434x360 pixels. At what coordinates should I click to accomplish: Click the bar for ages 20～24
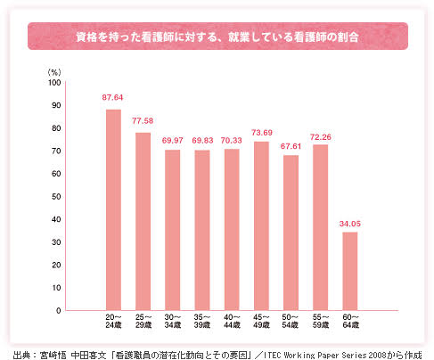(x=113, y=210)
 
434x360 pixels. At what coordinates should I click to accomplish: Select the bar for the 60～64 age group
(x=350, y=271)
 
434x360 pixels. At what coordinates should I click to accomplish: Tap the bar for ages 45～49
(x=261, y=226)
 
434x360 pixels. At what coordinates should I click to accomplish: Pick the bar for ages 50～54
(x=291, y=233)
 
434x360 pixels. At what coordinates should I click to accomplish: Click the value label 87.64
(x=112, y=97)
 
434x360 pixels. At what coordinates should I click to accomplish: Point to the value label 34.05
(x=350, y=224)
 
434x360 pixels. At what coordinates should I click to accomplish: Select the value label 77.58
(x=143, y=121)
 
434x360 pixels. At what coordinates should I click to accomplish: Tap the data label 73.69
(x=262, y=133)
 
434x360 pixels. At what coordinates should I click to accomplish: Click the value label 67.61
(x=291, y=146)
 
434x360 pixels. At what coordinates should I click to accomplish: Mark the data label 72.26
(x=321, y=137)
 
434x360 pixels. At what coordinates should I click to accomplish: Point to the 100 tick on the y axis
(x=54, y=83)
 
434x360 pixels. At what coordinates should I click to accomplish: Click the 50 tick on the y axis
(x=56, y=197)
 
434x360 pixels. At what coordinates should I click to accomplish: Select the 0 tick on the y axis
(x=59, y=311)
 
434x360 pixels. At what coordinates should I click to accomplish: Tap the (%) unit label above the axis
(x=54, y=72)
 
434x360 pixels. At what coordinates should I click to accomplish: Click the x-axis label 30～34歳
(x=173, y=321)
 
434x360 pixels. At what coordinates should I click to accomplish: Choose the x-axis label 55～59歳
(x=321, y=321)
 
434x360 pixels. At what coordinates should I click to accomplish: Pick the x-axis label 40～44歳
(x=232, y=321)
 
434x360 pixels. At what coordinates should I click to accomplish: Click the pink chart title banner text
(x=217, y=37)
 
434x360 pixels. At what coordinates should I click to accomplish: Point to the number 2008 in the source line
(x=377, y=355)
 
